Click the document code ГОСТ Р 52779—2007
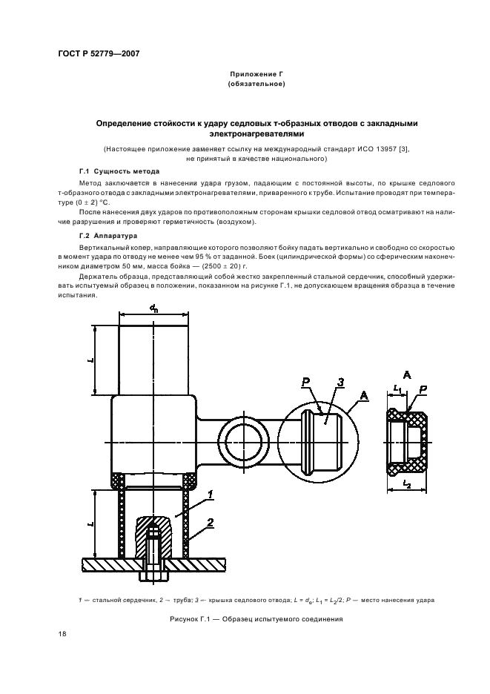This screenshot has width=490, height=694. pos(98,54)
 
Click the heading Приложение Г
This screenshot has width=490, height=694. pos(256,75)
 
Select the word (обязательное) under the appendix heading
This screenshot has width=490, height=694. pos(256,85)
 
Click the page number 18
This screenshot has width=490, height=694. pos(62,633)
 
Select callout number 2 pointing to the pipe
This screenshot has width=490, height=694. pos(211,523)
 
